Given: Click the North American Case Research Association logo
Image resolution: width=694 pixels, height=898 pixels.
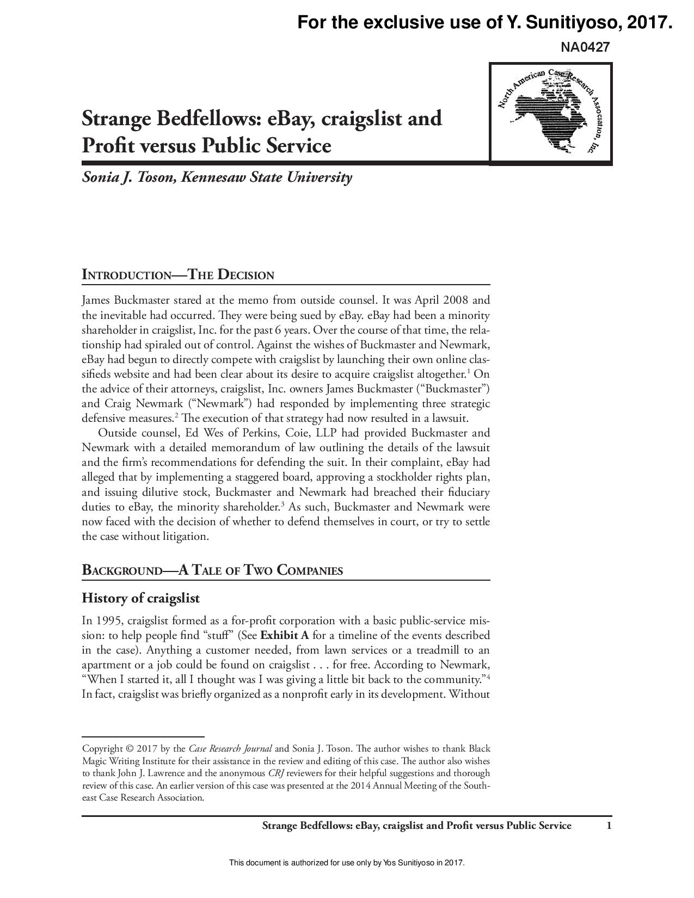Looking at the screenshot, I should point(551,113).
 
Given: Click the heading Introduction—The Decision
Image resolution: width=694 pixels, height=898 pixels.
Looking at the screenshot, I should point(177,275).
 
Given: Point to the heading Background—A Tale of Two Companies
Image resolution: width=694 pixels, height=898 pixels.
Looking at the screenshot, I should point(212,570).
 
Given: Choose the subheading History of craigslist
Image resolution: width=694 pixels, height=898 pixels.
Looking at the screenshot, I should point(140,598).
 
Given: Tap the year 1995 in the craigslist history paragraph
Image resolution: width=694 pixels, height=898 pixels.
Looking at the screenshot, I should point(107,620).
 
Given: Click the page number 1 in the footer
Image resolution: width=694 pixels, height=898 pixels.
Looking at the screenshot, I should point(609,826).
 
